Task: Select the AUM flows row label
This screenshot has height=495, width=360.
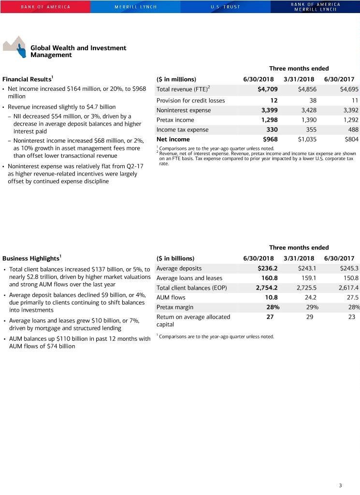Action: click(x=171, y=297)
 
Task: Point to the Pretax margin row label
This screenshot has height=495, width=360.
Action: click(x=175, y=307)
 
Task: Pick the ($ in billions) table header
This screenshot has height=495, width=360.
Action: click(x=175, y=258)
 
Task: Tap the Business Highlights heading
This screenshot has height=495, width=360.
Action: click(x=31, y=258)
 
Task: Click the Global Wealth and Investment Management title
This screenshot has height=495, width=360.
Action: click(x=78, y=51)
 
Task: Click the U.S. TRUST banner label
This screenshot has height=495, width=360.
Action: click(x=225, y=7)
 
